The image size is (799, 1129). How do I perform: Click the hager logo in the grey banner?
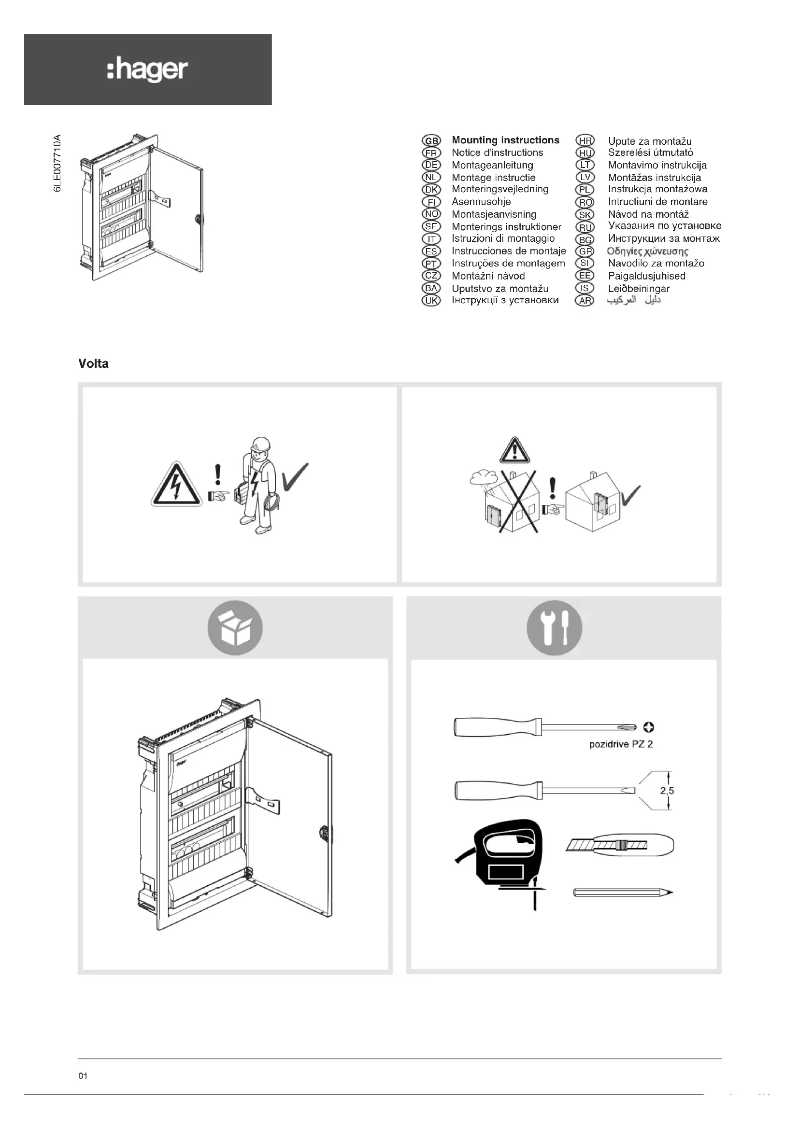click(147, 70)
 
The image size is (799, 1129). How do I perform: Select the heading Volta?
click(94, 364)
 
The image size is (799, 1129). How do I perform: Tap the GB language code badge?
click(431, 140)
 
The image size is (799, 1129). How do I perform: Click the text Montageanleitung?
click(492, 165)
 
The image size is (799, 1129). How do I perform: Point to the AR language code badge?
click(585, 300)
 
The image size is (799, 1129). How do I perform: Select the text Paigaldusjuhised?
click(646, 276)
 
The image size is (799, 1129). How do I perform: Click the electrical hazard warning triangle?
click(176, 485)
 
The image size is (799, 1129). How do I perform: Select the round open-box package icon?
click(235, 628)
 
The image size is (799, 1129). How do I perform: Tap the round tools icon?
click(555, 628)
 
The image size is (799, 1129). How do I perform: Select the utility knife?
click(620, 845)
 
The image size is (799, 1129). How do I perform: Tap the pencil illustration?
click(622, 892)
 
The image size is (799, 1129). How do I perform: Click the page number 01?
click(83, 1076)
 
